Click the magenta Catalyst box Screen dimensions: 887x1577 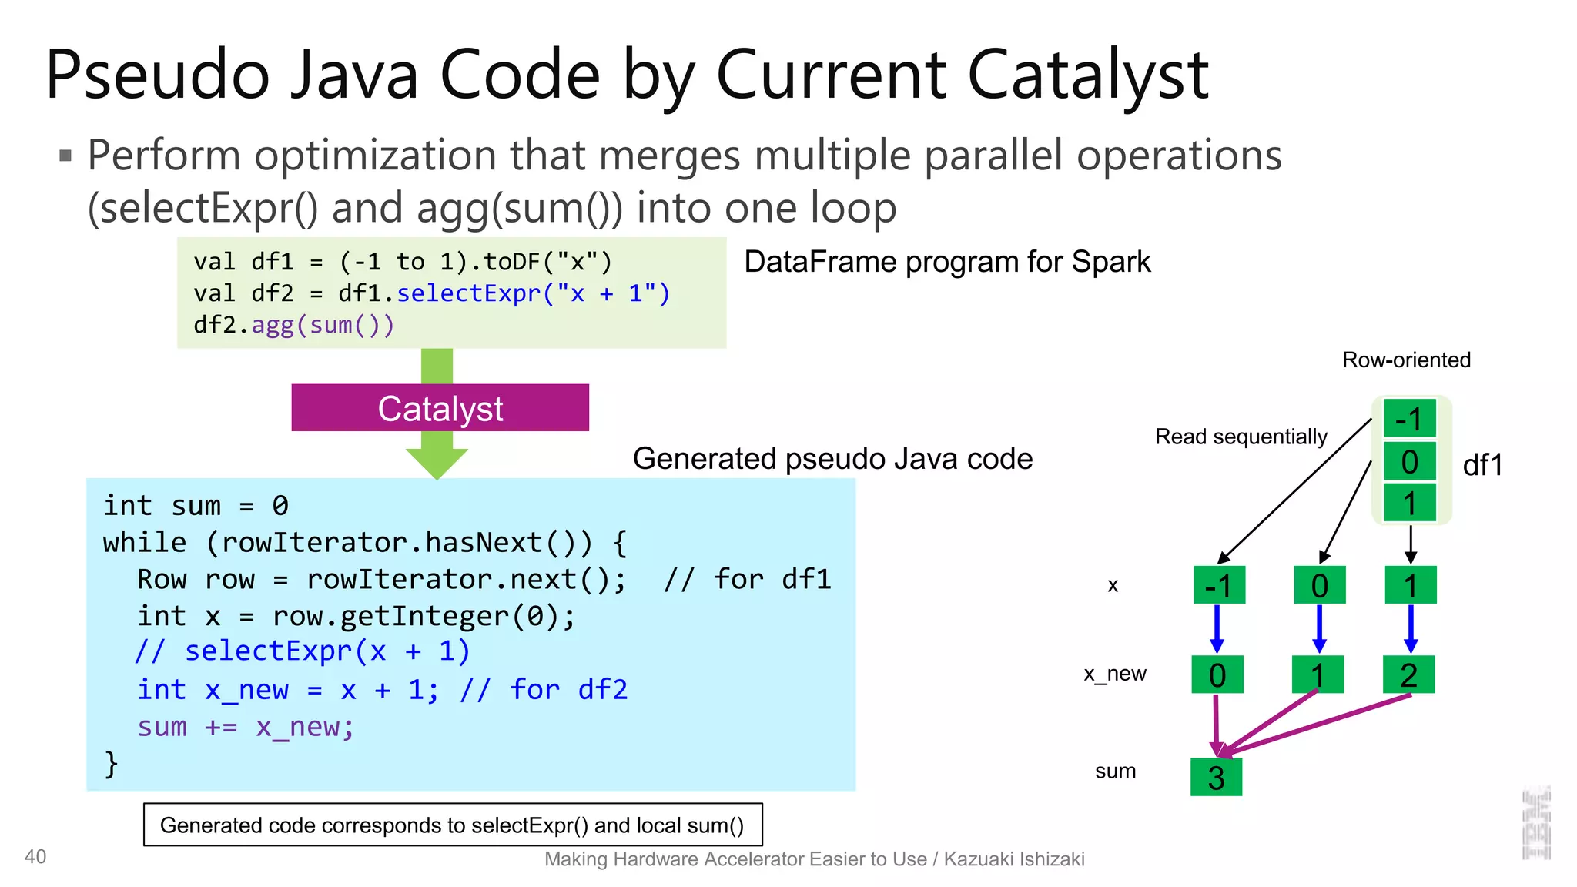(440, 408)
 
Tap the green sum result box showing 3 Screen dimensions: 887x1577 (1216, 777)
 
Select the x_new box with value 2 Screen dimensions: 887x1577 (1408, 674)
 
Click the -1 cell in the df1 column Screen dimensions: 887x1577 (1409, 419)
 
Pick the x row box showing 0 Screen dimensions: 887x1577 (1319, 585)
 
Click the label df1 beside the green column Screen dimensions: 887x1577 (1482, 465)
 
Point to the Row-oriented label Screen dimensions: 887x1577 (1406, 360)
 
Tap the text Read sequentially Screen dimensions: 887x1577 (1241, 437)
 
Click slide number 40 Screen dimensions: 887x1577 (35, 856)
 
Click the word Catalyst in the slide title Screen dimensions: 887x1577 (1087, 75)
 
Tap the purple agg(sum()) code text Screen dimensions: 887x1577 (323, 325)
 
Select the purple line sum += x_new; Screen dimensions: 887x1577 (246, 726)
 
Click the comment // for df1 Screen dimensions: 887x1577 (747, 579)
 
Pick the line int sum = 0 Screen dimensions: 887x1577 (196, 506)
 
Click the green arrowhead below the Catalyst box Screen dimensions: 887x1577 (437, 463)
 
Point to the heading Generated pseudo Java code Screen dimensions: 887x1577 (832, 459)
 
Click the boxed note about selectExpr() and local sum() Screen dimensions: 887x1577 (453, 825)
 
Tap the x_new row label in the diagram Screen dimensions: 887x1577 (1114, 674)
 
